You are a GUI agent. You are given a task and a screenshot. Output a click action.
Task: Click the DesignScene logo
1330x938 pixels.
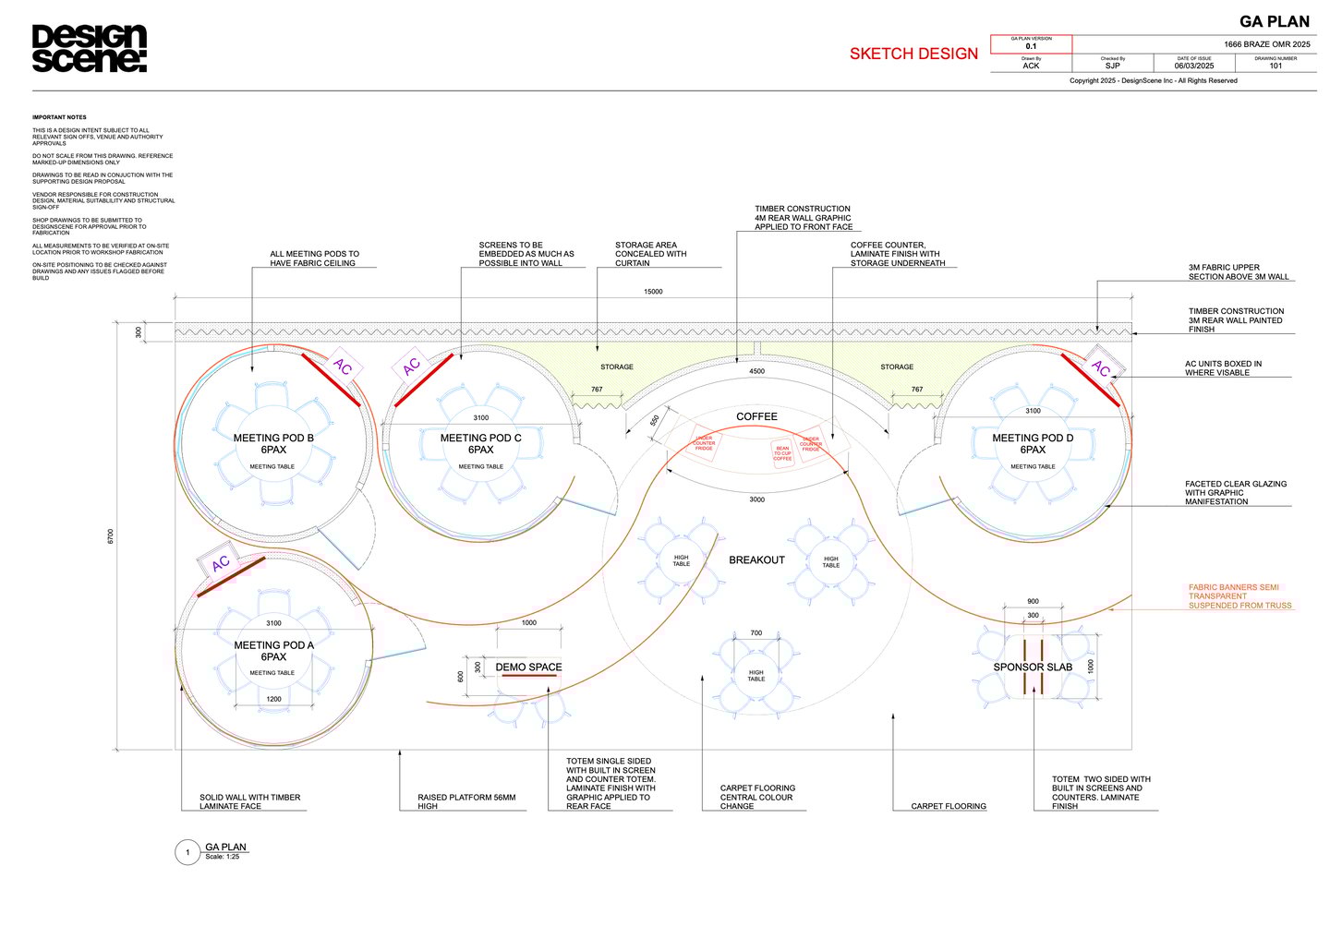[89, 49]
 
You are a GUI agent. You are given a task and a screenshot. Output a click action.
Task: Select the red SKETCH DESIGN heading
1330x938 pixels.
[913, 54]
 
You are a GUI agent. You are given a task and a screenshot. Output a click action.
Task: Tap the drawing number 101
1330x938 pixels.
[1276, 66]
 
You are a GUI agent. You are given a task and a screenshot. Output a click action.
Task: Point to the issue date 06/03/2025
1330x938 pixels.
[1193, 66]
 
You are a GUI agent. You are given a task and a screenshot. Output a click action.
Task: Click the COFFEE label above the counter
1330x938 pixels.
[756, 416]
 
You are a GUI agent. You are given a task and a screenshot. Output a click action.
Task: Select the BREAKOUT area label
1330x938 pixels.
[756, 560]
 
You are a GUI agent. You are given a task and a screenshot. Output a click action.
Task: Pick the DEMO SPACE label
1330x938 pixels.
[528, 667]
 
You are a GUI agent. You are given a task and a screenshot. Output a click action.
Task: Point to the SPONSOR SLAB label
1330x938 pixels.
[1033, 667]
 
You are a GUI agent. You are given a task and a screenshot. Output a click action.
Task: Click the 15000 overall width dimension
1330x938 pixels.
[653, 292]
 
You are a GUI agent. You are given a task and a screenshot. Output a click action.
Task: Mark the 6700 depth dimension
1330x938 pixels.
[111, 535]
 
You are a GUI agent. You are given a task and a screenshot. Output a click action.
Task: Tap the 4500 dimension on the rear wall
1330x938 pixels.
[756, 371]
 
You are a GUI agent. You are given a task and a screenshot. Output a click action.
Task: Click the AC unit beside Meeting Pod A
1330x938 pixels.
[220, 563]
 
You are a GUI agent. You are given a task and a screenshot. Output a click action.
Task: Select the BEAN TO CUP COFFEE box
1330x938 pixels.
[782, 453]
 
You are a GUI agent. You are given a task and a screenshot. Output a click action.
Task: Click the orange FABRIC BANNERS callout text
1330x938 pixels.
[1239, 596]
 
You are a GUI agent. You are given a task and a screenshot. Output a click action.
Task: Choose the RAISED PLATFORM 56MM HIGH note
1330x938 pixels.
[466, 801]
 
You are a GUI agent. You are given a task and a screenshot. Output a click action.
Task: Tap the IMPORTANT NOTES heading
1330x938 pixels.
[59, 117]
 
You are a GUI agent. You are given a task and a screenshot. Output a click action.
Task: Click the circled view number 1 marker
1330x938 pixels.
[187, 852]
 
